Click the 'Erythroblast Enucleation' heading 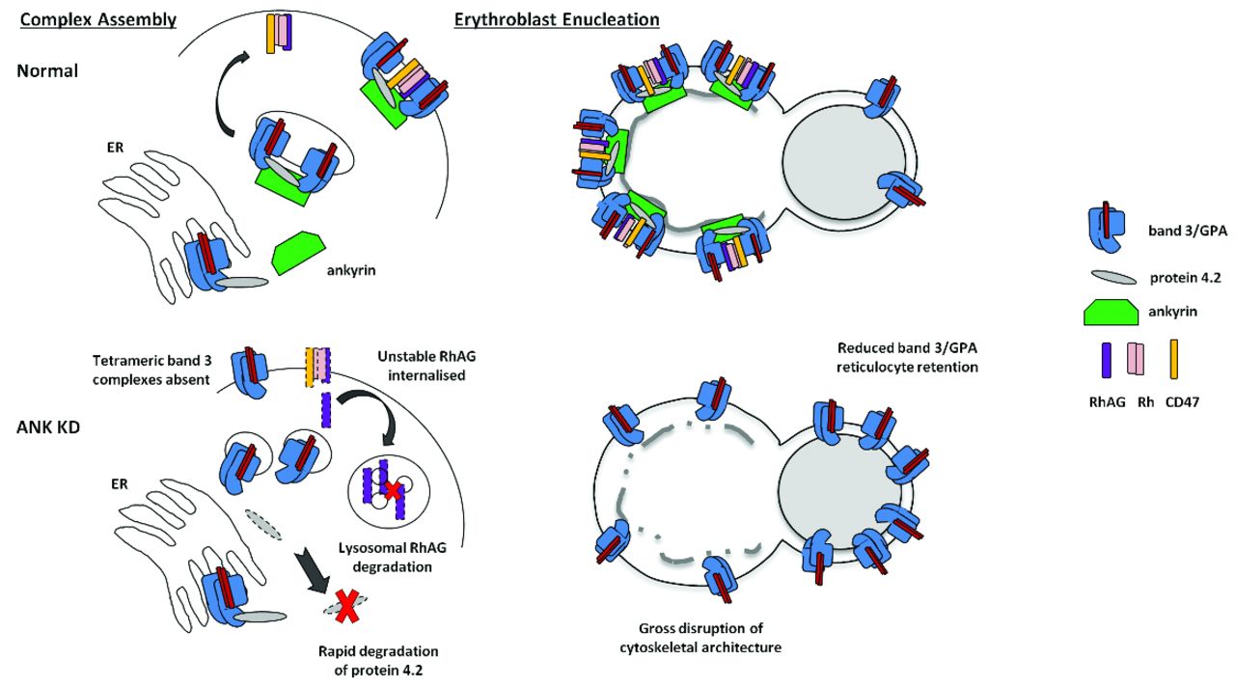[556, 19]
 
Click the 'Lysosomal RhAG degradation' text [390, 558]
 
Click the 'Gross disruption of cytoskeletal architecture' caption [700, 638]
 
